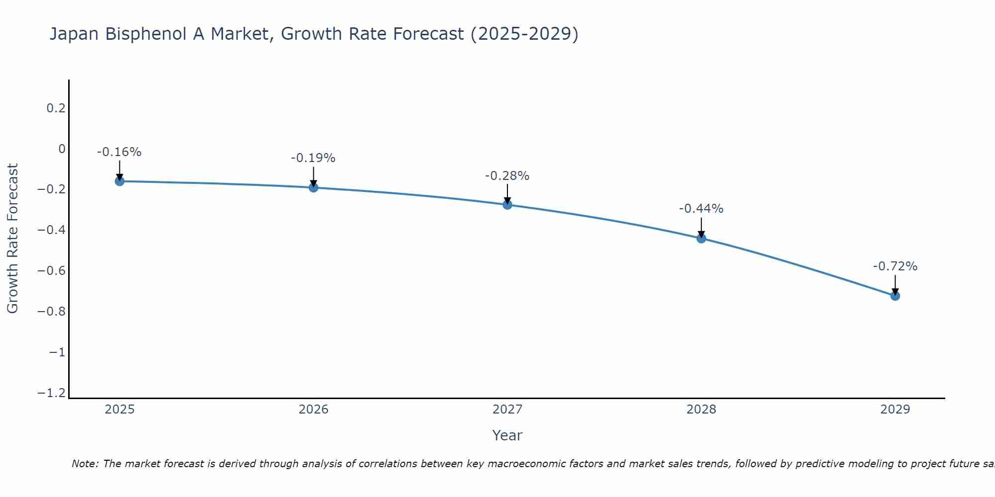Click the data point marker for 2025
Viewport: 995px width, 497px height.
point(119,181)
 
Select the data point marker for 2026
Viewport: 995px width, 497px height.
point(313,187)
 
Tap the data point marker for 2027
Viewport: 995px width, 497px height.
point(507,205)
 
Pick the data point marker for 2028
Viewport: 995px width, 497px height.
point(701,239)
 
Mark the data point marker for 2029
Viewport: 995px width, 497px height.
point(895,296)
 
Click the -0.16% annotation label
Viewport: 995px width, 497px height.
point(119,152)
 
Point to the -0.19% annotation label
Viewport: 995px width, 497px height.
point(313,158)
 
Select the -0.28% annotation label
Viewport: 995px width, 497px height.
point(507,176)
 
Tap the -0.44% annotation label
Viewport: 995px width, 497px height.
point(701,209)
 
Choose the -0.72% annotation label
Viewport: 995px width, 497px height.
point(895,266)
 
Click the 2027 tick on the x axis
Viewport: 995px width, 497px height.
point(507,410)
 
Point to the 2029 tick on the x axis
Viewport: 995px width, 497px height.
point(895,410)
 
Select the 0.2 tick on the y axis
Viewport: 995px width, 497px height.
point(56,108)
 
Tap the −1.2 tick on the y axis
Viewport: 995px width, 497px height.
point(52,393)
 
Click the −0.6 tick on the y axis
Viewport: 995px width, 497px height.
point(52,271)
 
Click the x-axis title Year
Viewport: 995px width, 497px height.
point(507,435)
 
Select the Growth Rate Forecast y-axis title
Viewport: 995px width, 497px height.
point(12,239)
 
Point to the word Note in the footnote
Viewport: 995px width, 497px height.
point(84,464)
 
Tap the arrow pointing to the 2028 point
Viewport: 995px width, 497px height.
point(701,228)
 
